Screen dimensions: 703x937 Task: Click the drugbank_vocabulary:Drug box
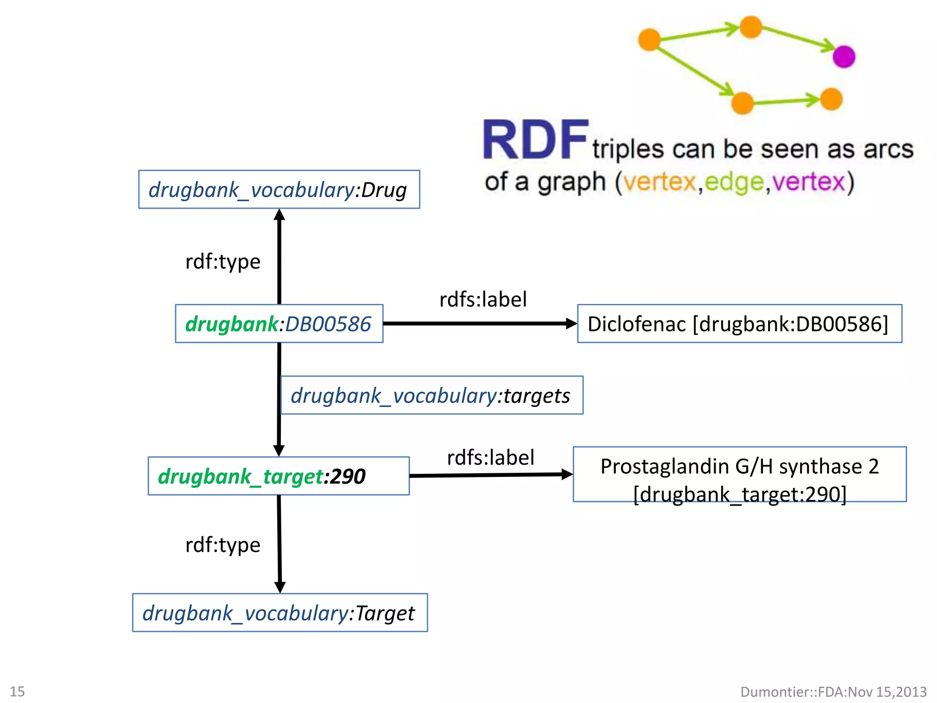pyautogui.click(x=279, y=189)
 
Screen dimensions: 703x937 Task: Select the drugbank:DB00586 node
pyautogui.click(x=279, y=324)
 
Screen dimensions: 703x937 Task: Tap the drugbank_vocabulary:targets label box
pyautogui.click(x=431, y=395)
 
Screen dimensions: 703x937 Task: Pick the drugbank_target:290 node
pyautogui.click(x=278, y=476)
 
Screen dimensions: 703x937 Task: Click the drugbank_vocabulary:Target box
pyautogui.click(x=280, y=613)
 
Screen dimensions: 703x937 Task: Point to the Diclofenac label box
pyautogui.click(x=739, y=324)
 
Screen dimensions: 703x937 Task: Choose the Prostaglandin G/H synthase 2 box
pyautogui.click(x=739, y=475)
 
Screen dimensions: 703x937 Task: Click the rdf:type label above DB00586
pyautogui.click(x=223, y=262)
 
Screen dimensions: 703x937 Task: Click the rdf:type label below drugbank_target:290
pyautogui.click(x=223, y=545)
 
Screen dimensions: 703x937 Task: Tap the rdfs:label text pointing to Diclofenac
pyautogui.click(x=483, y=300)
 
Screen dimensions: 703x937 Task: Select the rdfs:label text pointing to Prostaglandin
pyautogui.click(x=490, y=458)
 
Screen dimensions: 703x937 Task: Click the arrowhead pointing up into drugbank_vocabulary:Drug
pyautogui.click(x=280, y=215)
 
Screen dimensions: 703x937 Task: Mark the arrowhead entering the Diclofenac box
pyautogui.click(x=571, y=324)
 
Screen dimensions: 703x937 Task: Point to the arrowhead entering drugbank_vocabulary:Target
pyautogui.click(x=280, y=587)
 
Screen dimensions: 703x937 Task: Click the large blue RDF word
pyautogui.click(x=535, y=140)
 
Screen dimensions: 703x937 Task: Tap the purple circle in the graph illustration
pyautogui.click(x=844, y=57)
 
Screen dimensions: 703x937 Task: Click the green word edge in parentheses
pyautogui.click(x=734, y=182)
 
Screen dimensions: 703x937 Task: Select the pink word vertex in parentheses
pyautogui.click(x=808, y=182)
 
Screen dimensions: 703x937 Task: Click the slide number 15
pyautogui.click(x=17, y=692)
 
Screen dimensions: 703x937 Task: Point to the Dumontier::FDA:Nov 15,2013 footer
pyautogui.click(x=833, y=692)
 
